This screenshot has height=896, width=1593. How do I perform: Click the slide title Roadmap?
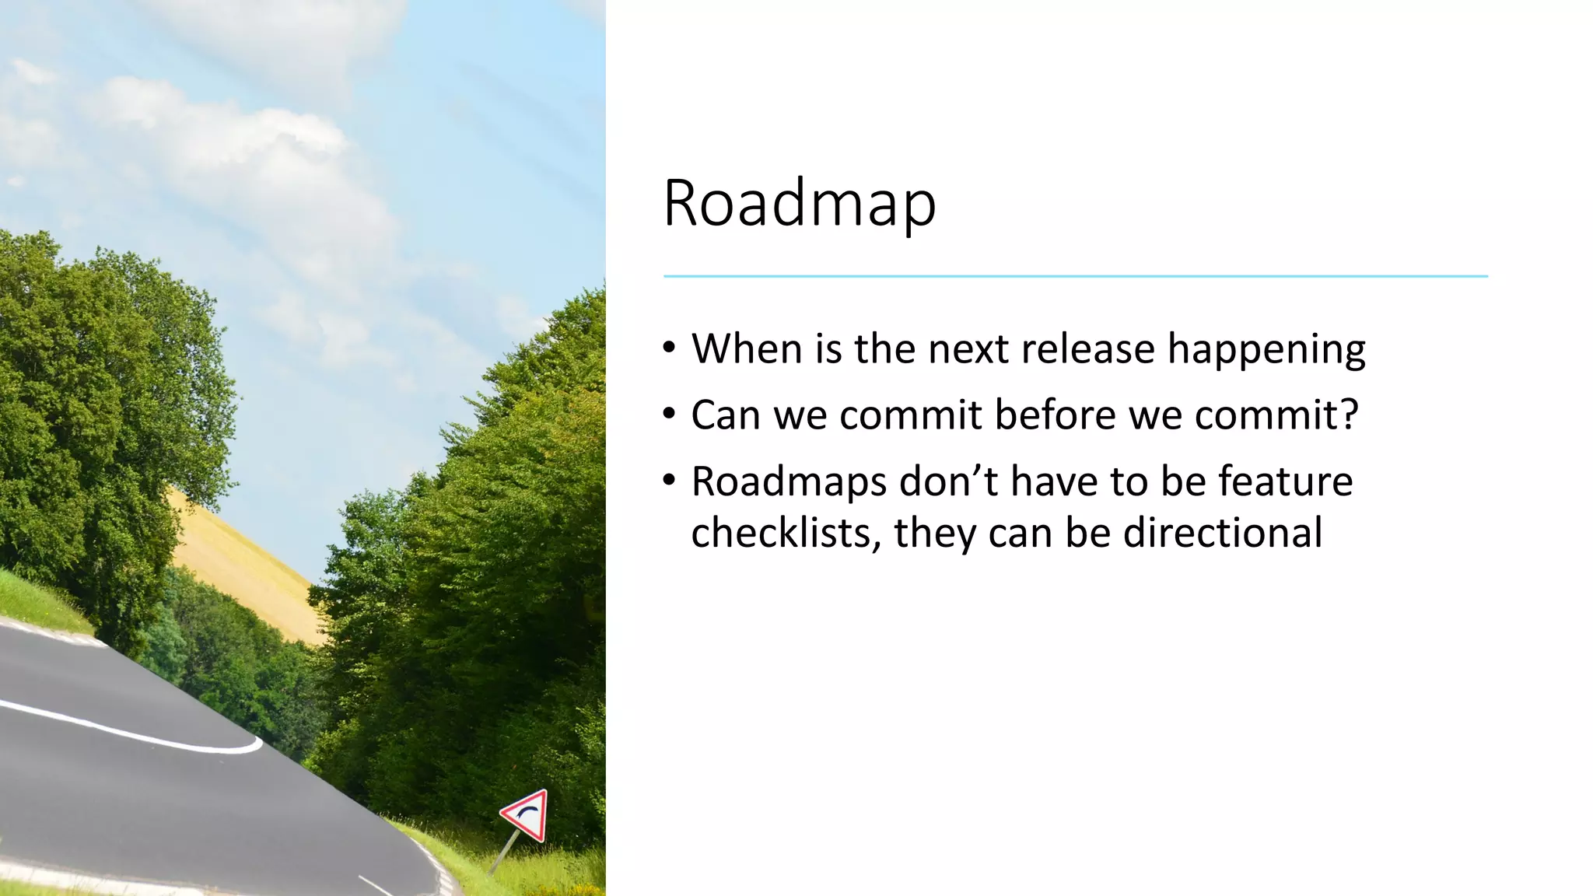799,204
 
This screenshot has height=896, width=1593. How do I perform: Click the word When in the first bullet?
747,348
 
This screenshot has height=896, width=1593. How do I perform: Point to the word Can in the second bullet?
725,415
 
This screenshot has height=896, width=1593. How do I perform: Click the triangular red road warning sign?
527,816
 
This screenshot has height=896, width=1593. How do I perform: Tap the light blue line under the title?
1075,276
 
